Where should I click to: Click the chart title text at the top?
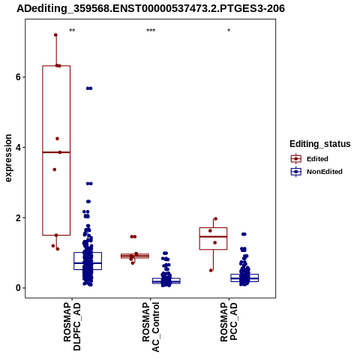tap(151, 8)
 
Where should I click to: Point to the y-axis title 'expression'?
tap(8, 158)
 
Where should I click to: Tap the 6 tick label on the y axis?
tap(18, 77)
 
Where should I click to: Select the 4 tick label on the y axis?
tap(18, 147)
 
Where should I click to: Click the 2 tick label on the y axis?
tap(18, 217)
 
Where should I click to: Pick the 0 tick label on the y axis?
tap(18, 288)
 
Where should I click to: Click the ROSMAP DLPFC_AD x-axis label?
tap(72, 327)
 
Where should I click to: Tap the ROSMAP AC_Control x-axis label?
tap(151, 327)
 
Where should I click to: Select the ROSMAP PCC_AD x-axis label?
tap(229, 322)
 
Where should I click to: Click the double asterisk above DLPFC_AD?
tap(72, 31)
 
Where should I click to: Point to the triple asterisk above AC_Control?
tap(151, 31)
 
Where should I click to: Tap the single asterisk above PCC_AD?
tap(229, 31)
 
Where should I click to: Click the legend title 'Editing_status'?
tap(320, 144)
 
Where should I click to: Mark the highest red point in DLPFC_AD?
tap(55, 35)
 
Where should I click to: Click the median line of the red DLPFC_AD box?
tap(56, 152)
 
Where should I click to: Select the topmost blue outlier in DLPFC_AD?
tap(89, 88)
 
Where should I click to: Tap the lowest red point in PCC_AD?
tap(211, 271)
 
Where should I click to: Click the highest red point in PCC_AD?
tap(215, 219)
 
